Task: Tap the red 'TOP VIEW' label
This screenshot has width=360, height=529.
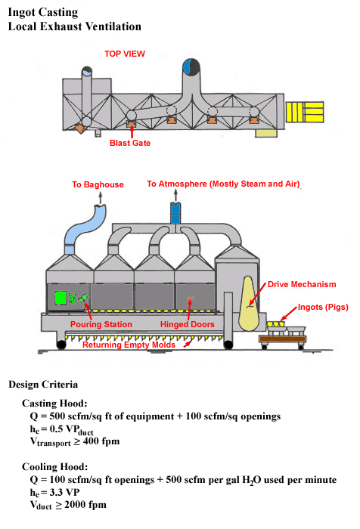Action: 125,54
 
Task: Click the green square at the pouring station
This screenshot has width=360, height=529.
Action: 58,298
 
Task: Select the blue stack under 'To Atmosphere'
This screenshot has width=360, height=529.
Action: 175,212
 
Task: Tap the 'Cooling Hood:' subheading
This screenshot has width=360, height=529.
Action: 54,466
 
